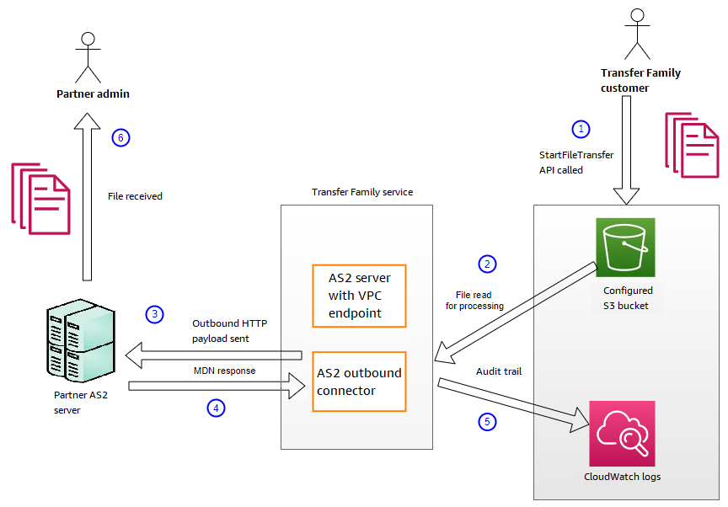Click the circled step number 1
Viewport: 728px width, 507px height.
click(x=580, y=129)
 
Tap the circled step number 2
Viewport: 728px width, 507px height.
click(x=486, y=264)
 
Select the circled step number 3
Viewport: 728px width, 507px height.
click(x=153, y=314)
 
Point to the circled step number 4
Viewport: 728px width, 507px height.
click(x=217, y=408)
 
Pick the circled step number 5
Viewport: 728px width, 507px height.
click(x=486, y=422)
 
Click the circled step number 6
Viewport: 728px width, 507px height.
click(x=121, y=138)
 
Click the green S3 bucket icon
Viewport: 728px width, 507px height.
click(x=624, y=248)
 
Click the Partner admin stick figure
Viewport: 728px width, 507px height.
click(x=84, y=56)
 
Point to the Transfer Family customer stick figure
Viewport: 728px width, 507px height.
click(x=638, y=33)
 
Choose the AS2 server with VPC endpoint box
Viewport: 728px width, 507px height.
click(x=359, y=295)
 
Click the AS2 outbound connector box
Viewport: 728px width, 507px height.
click(x=359, y=382)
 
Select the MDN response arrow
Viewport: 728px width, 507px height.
click(x=216, y=386)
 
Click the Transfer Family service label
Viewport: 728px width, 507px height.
click(x=362, y=192)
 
